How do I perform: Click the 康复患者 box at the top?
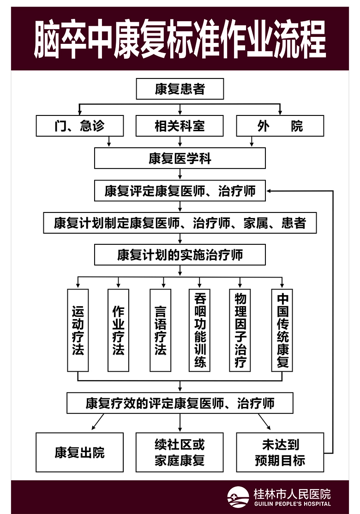click(180, 89)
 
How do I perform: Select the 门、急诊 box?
click(79, 126)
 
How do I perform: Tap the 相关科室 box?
click(180, 126)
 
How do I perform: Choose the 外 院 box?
click(280, 126)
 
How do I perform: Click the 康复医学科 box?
click(180, 158)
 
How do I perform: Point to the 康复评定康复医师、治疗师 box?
click(180, 190)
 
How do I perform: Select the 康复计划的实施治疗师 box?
click(180, 255)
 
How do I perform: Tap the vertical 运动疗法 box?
click(78, 330)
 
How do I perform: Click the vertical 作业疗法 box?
click(118, 330)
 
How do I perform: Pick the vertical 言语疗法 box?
click(160, 330)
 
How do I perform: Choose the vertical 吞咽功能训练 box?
click(199, 330)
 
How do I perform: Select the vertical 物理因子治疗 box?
click(240, 330)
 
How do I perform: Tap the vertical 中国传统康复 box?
click(282, 330)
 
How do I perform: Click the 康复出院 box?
click(79, 453)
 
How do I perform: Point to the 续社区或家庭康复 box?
click(180, 453)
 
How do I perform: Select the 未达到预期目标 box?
click(280, 453)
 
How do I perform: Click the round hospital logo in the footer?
click(238, 497)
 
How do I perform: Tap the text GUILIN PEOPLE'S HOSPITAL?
click(293, 504)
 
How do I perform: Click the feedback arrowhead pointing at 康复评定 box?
click(269, 191)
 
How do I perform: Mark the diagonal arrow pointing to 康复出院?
click(98, 422)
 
